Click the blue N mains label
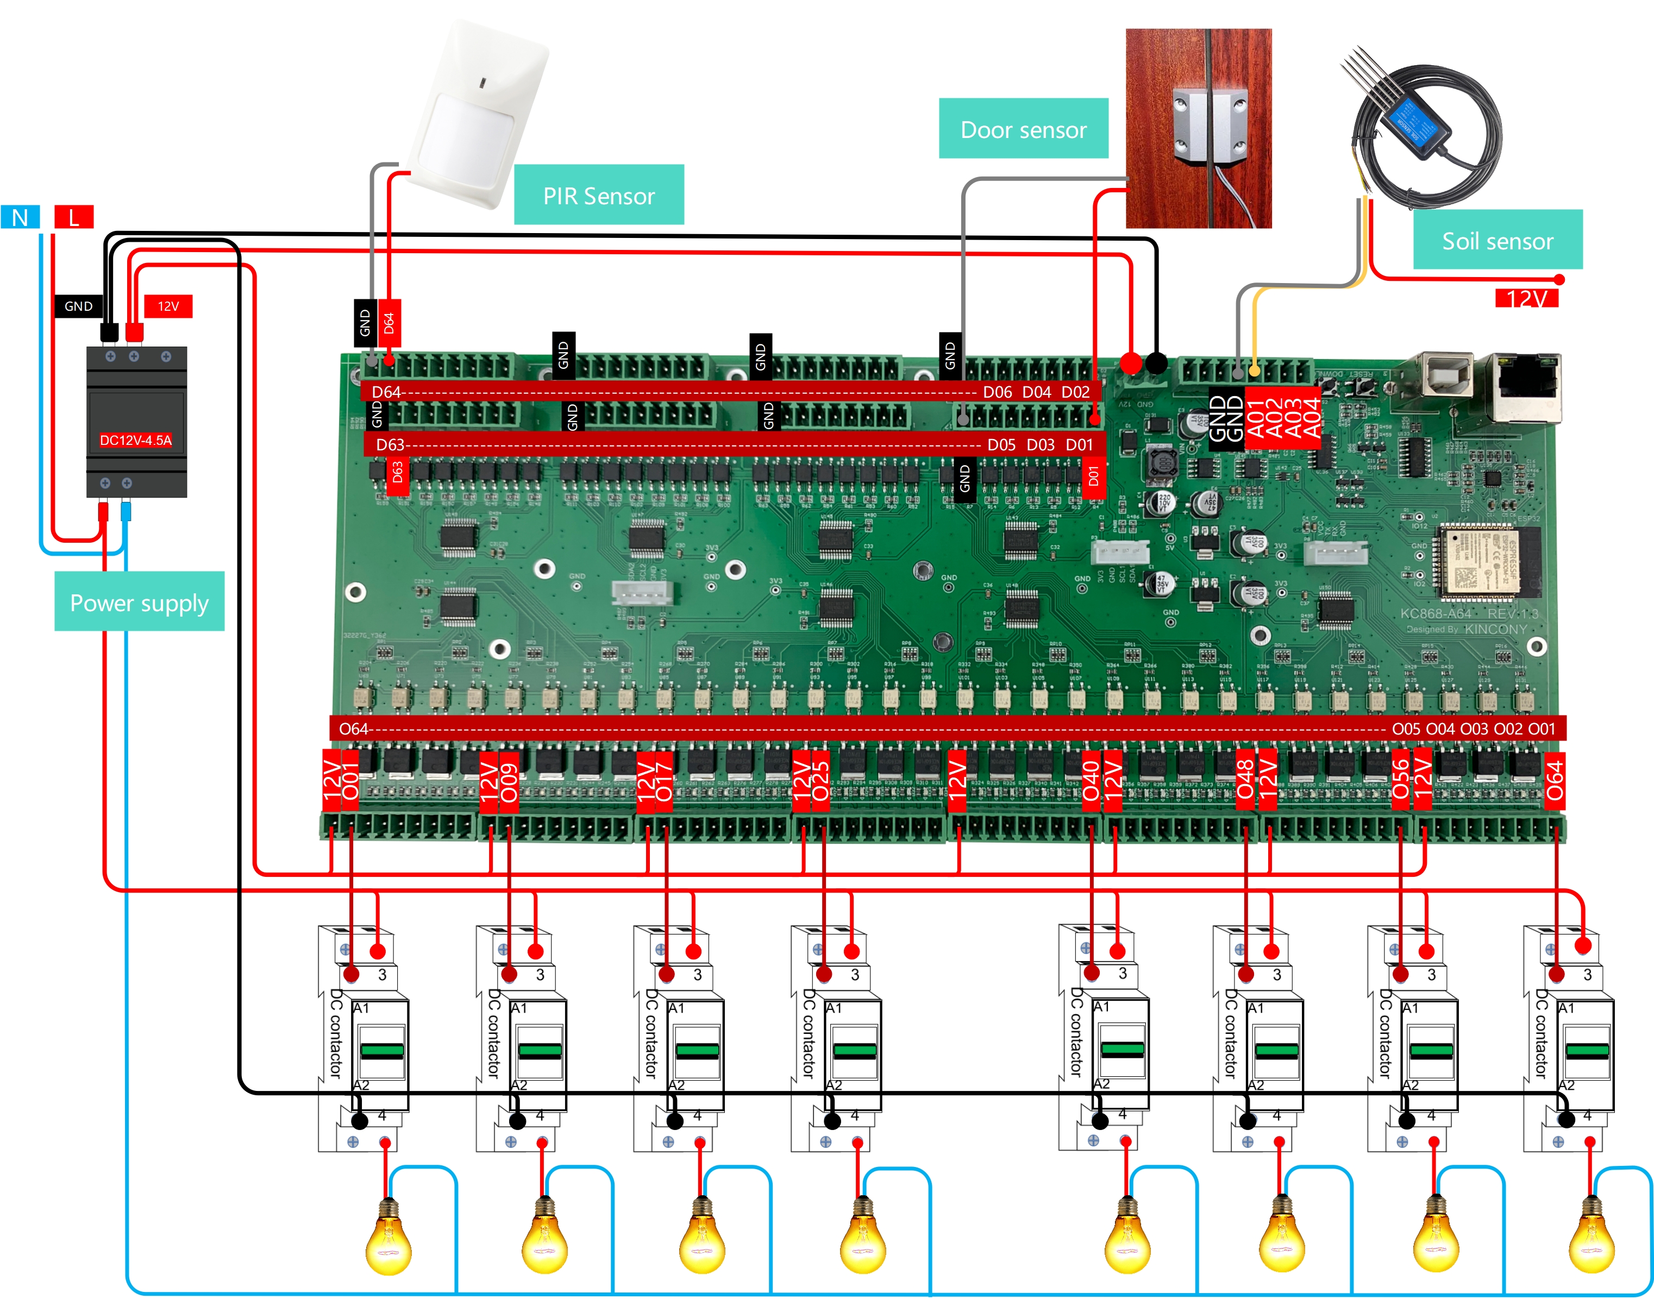point(20,217)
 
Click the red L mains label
point(74,217)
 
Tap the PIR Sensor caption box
point(598,196)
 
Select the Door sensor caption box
point(1023,129)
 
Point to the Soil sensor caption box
point(1496,240)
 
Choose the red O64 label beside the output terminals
point(1555,780)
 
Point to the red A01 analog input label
point(1256,418)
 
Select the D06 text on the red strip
point(997,392)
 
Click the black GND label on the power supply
point(78,306)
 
